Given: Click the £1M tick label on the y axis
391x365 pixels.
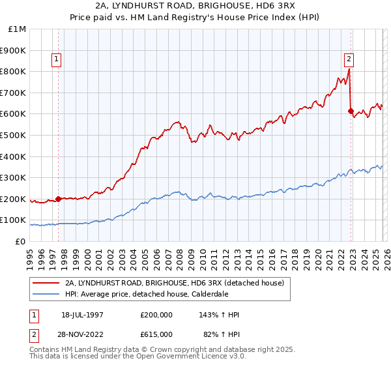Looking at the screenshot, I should [x=16, y=29].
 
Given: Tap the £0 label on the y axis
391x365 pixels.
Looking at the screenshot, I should [x=20, y=241].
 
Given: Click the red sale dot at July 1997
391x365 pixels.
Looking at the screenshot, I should [x=59, y=199].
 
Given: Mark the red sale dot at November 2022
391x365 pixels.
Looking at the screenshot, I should [x=351, y=111].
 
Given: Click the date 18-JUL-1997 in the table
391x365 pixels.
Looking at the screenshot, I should [x=82, y=315].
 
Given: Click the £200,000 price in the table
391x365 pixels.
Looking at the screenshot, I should [x=156, y=315].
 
